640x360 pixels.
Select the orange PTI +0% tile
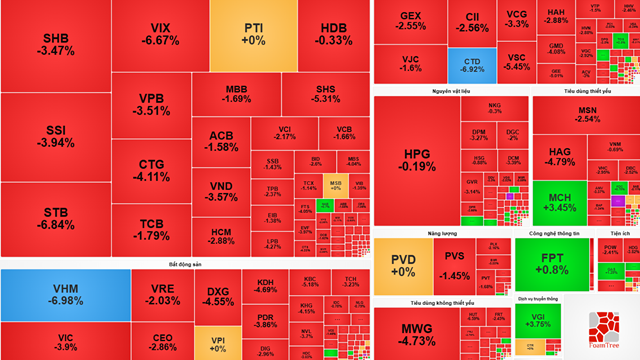(x=254, y=33)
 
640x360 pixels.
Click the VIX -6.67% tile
(x=159, y=34)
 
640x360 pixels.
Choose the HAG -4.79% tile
(x=559, y=157)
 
